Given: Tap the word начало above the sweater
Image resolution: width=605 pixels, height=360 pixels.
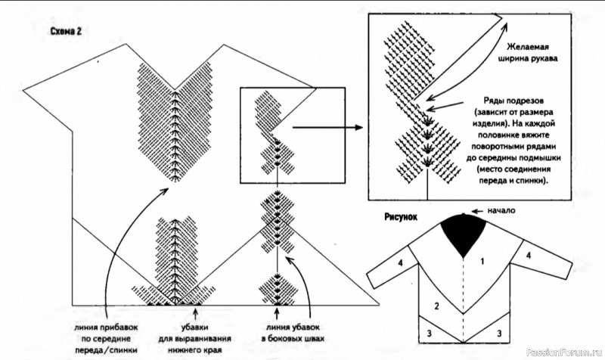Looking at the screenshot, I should click(x=503, y=211).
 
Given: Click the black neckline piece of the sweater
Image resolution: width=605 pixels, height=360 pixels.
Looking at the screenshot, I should click(x=464, y=230).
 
